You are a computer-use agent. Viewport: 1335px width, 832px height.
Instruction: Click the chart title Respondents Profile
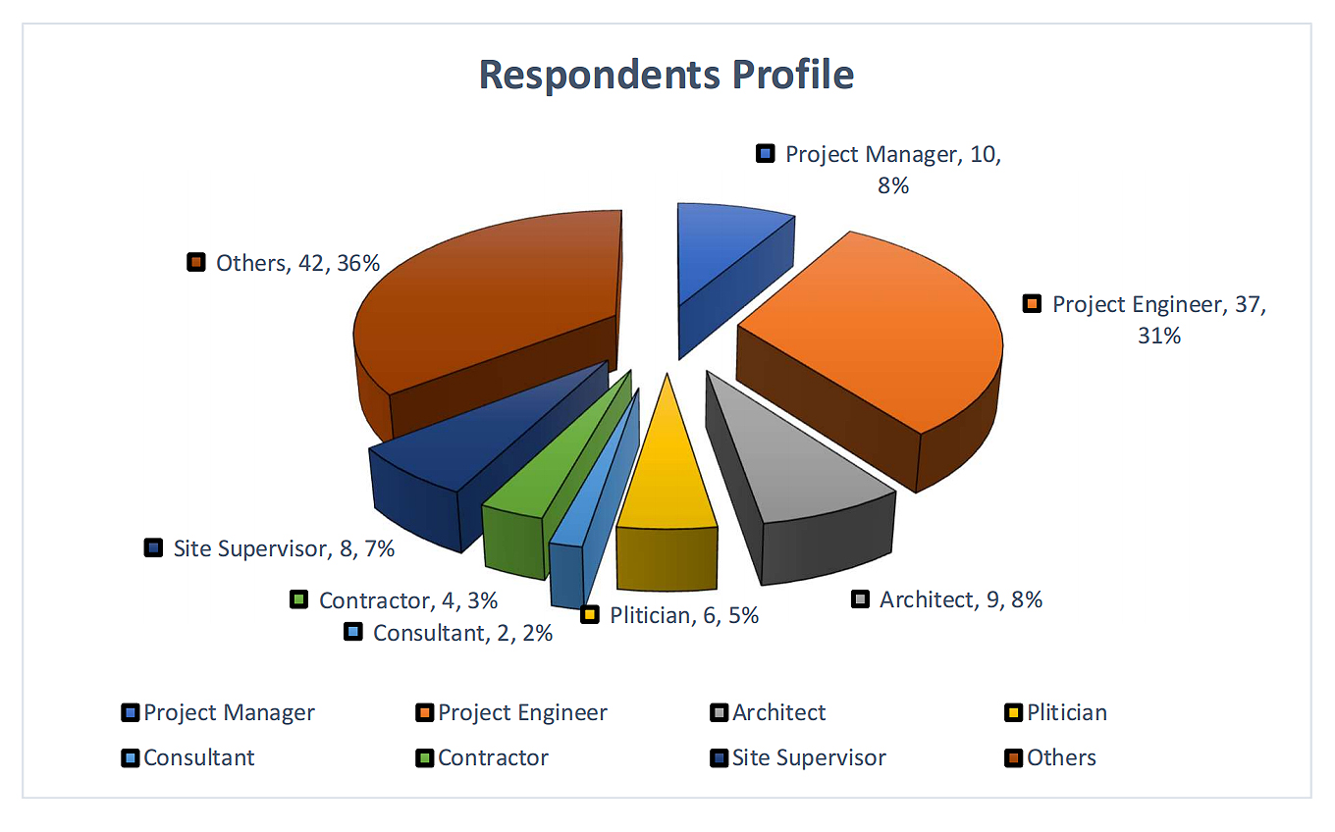(x=667, y=75)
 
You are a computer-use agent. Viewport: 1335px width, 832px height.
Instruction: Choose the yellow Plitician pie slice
(x=667, y=471)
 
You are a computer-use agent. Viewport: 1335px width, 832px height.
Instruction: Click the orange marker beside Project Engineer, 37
(x=1031, y=304)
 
